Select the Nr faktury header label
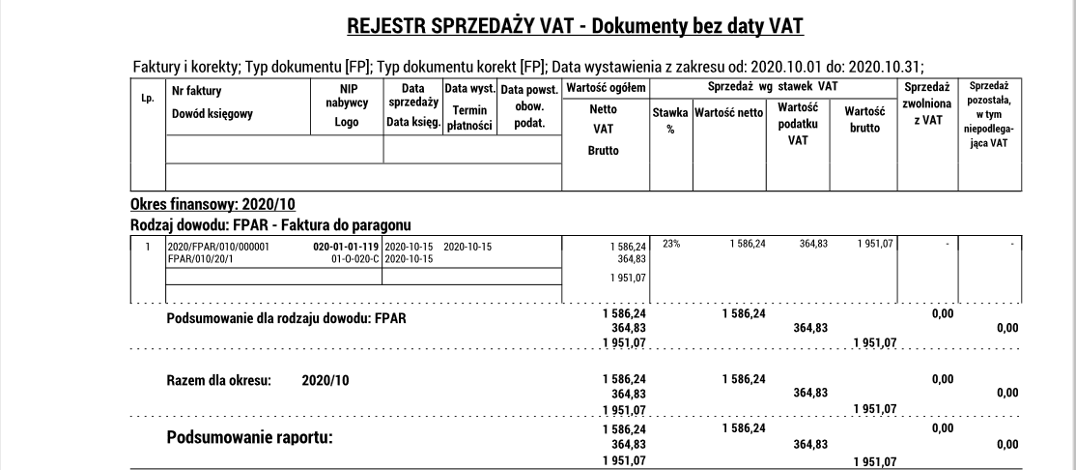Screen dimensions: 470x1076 tap(196, 91)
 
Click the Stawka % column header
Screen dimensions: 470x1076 tap(669, 120)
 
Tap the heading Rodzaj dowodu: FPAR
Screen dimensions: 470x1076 tap(272, 224)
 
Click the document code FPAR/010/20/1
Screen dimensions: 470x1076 tap(200, 258)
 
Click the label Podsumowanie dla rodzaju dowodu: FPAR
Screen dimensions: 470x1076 tap(286, 319)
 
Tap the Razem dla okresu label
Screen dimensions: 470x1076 tap(219, 380)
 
